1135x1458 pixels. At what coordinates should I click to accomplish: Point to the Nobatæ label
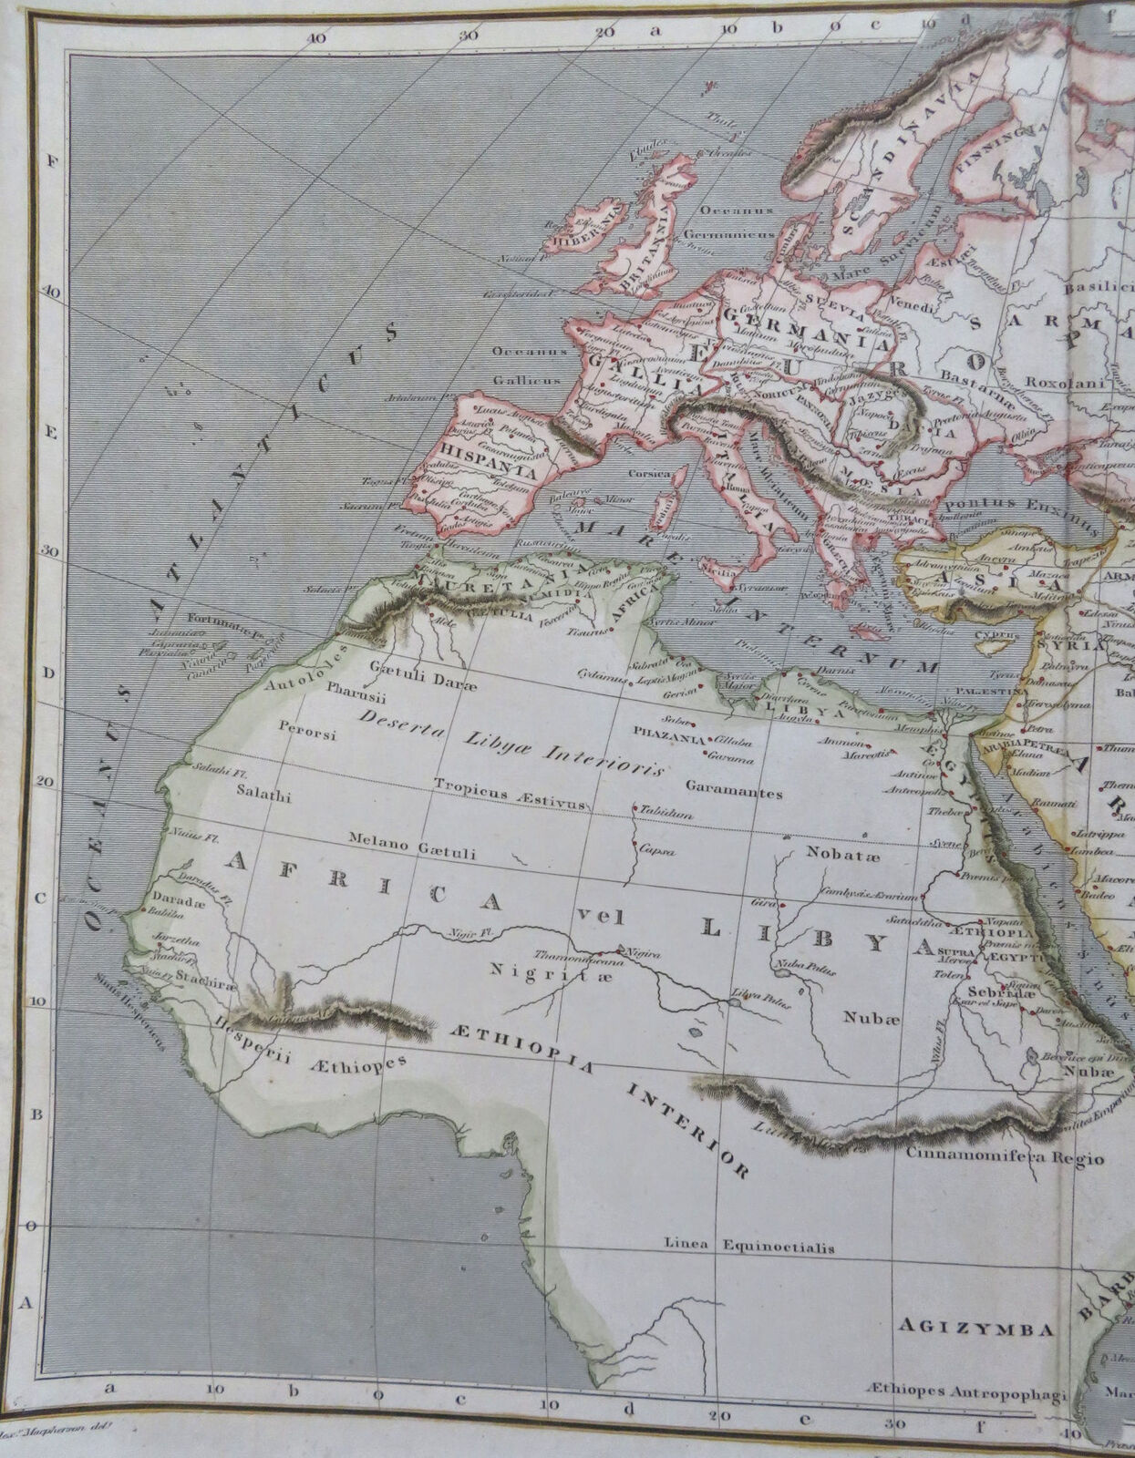[x=834, y=854]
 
